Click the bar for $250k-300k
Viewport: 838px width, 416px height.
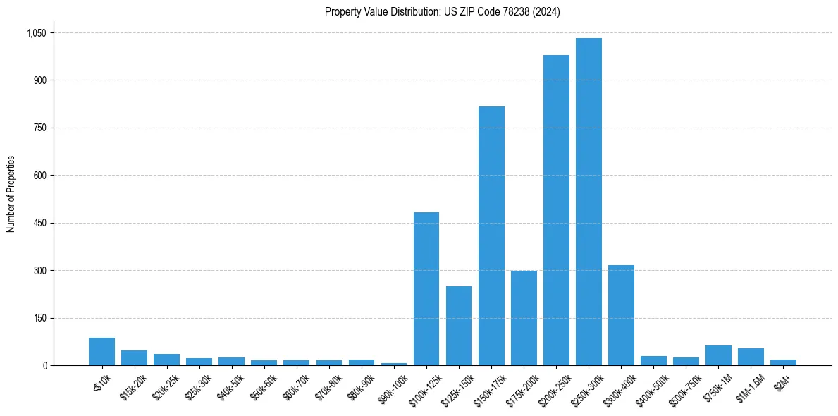pos(589,202)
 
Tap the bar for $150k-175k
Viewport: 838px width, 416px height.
pos(491,235)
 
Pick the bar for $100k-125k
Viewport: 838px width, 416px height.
pos(426,288)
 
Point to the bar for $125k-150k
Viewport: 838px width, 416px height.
pos(459,326)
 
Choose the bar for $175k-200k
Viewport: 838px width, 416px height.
pos(524,318)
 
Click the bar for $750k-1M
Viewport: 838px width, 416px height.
pos(718,355)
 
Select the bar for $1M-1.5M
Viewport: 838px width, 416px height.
pos(751,357)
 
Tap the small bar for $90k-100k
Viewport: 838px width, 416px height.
pos(394,364)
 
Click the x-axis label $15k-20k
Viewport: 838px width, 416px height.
pos(135,386)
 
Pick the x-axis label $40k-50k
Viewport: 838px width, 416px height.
pos(232,386)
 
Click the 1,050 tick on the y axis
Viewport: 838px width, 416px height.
pos(36,33)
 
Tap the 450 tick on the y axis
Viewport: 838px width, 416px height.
pos(41,224)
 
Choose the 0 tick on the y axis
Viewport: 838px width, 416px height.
pos(45,366)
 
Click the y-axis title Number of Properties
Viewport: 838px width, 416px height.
pos(11,194)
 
